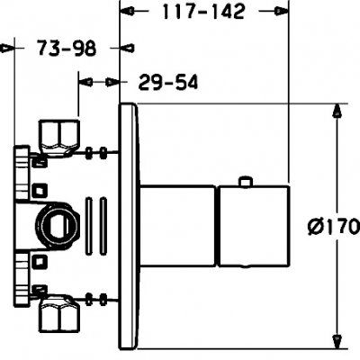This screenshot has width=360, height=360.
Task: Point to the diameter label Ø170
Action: click(332, 225)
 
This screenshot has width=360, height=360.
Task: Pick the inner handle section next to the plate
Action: click(178, 225)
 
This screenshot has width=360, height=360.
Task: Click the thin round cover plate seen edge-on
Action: click(130, 225)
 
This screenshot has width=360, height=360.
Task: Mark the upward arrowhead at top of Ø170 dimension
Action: click(337, 112)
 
